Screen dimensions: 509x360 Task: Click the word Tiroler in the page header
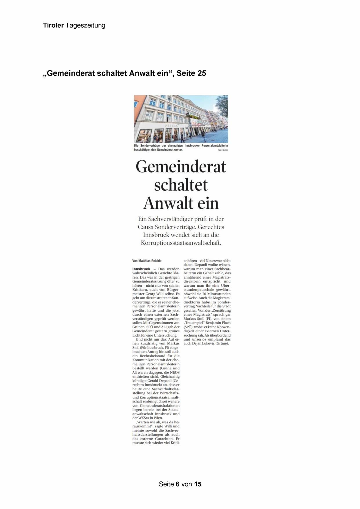coord(53,25)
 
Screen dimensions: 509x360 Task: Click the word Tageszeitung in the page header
coord(85,26)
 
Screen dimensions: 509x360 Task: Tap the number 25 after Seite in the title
coord(202,73)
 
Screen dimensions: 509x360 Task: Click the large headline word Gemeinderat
coord(181,167)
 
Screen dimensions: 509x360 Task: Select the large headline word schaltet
coord(181,185)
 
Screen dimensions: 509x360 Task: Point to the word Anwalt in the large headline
coord(168,203)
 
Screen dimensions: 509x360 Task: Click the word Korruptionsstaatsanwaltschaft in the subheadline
coord(181,243)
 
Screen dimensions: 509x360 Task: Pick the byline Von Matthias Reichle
coord(147,261)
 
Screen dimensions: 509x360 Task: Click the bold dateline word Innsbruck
coord(141,269)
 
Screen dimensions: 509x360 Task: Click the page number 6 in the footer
coord(178,484)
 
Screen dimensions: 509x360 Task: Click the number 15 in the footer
coord(198,484)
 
